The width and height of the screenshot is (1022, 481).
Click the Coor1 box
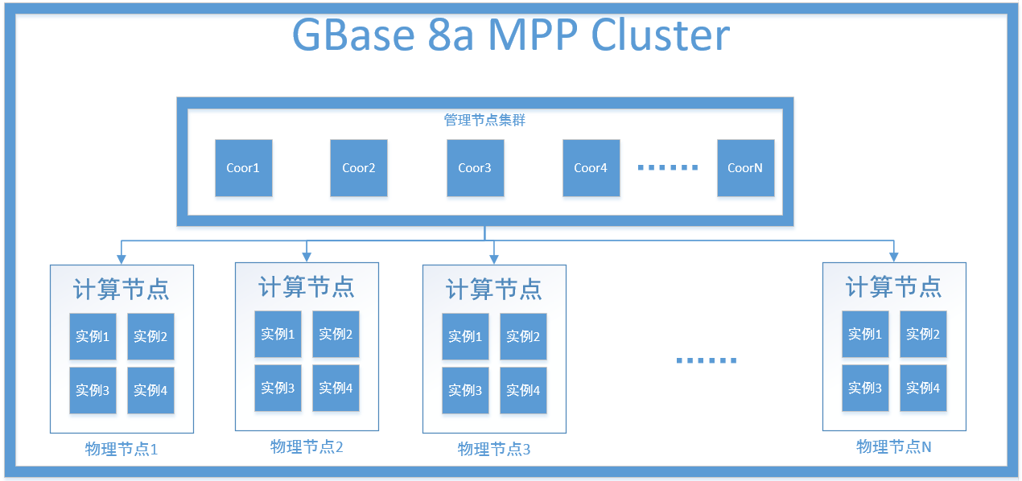pyautogui.click(x=243, y=168)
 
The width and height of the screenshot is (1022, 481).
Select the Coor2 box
pyautogui.click(x=359, y=168)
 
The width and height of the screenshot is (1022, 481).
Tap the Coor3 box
pyautogui.click(x=475, y=168)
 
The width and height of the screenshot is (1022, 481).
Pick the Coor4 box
pyautogui.click(x=591, y=168)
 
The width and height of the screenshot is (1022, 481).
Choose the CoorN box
pyautogui.click(x=745, y=168)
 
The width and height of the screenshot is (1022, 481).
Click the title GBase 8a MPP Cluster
pyautogui.click(x=510, y=35)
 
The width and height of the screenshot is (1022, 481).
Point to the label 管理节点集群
pyautogui.click(x=485, y=120)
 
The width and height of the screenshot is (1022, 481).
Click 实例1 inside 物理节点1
pyautogui.click(x=93, y=336)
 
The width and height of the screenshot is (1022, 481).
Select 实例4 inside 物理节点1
pyautogui.click(x=150, y=390)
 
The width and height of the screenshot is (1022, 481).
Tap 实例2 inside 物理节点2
pyautogui.click(x=336, y=334)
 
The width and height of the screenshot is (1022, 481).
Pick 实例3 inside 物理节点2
pyautogui.click(x=278, y=388)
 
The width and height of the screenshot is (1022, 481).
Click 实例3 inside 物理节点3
pyautogui.click(x=465, y=390)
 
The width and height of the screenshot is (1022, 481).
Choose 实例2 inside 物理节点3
pyautogui.click(x=523, y=336)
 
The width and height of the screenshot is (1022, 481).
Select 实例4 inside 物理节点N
pyautogui.click(x=923, y=388)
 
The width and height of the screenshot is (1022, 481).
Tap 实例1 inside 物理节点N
pyautogui.click(x=865, y=334)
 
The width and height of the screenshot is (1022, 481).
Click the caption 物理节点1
pyautogui.click(x=122, y=449)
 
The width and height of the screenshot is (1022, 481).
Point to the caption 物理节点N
pyautogui.click(x=893, y=446)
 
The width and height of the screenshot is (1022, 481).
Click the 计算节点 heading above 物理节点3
pyautogui.click(x=494, y=289)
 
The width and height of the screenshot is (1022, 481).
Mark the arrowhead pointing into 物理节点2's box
pyautogui.click(x=306, y=257)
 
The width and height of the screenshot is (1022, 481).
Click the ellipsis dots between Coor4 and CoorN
pyautogui.click(x=668, y=167)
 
